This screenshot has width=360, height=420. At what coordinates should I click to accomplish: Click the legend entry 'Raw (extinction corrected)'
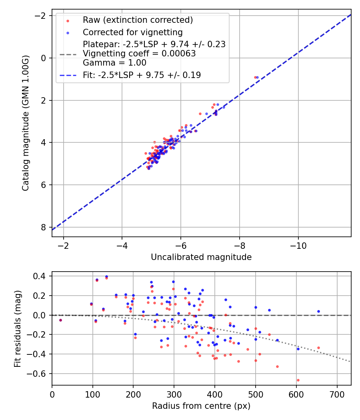coord(138,20)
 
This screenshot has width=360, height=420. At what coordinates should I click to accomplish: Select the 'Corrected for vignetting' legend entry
coord(132,32)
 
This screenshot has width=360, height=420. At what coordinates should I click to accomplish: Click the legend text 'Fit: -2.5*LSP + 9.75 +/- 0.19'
coord(142,75)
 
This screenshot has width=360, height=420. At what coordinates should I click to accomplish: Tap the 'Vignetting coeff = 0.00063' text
coord(139,54)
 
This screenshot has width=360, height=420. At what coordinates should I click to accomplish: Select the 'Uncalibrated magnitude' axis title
coord(201,257)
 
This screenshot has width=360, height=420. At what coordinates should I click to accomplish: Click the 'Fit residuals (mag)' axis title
coord(17,329)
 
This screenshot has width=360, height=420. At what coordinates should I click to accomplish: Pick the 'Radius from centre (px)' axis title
coord(201,406)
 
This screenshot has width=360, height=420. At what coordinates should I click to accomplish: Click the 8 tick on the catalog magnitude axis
coord(44,227)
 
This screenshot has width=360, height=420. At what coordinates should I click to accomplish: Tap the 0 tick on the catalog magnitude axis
coord(44,58)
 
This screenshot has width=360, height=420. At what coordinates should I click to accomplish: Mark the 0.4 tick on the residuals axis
coord(41,276)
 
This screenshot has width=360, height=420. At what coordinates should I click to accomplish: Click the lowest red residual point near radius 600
coord(298,380)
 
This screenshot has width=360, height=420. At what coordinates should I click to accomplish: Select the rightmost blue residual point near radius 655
coord(318,311)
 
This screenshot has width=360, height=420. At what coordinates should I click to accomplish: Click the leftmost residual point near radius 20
coord(60,320)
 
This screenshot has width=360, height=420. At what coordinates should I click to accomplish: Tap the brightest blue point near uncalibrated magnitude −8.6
coord(257,77)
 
